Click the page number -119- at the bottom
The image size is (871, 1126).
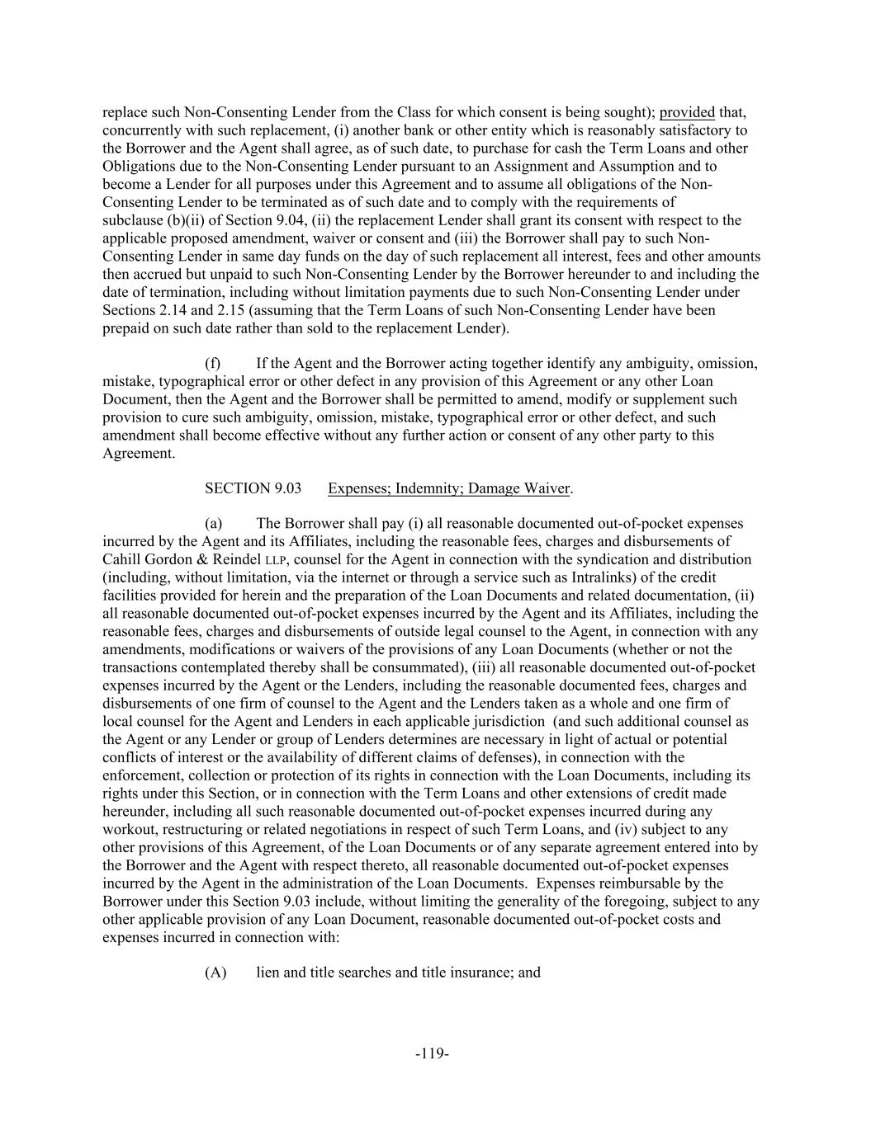pos(432,1053)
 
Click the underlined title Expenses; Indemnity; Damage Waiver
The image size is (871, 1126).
pos(448,488)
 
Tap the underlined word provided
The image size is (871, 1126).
pos(687,112)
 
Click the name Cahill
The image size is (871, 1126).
pos(123,560)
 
